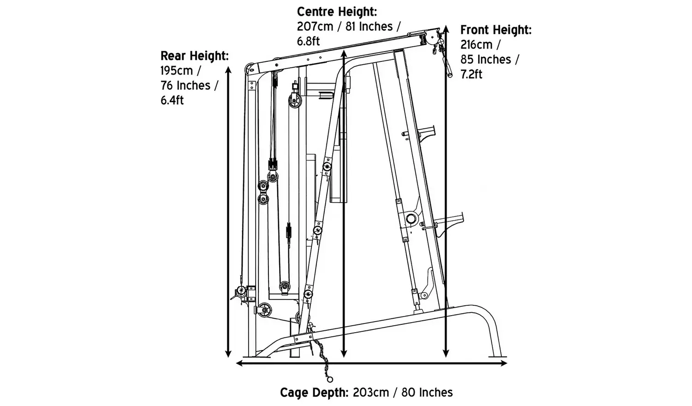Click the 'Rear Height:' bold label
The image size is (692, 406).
coord(194,56)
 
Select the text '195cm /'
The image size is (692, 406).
coord(181,71)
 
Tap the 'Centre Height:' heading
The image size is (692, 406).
coord(337,12)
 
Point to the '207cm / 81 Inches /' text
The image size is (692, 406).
coord(349,26)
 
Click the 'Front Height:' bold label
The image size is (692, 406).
coord(496,30)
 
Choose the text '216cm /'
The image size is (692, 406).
coord(480,45)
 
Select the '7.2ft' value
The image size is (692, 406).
coord(471,74)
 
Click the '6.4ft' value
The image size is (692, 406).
coord(172,100)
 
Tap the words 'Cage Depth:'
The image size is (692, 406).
coord(314,393)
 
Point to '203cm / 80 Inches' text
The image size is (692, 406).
coord(403,393)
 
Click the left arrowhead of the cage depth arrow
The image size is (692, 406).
coord(239,363)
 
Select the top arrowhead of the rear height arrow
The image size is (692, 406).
coord(228,69)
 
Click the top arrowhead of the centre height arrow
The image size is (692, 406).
coord(343,52)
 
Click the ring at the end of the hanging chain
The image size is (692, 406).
coord(329,379)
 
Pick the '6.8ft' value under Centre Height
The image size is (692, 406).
coord(308,41)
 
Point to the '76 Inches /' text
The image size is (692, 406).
coord(189,86)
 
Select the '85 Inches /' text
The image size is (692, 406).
coord(489,60)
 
